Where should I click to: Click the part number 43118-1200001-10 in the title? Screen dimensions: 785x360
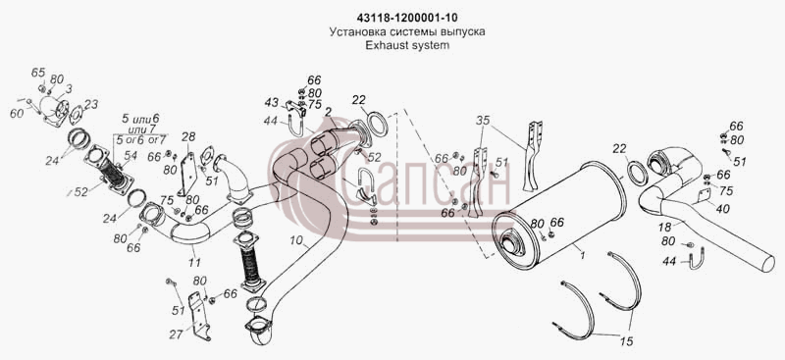406,18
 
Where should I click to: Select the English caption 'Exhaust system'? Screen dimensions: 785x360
406,44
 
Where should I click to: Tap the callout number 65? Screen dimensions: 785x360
38,73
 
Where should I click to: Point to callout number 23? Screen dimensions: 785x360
91,104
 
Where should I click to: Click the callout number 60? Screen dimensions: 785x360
17,113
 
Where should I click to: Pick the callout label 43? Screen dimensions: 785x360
272,103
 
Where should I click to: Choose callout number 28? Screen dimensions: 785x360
188,136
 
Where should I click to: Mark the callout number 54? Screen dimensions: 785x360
131,156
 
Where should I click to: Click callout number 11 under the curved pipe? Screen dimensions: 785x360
194,262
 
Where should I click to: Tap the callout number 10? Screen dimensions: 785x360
296,241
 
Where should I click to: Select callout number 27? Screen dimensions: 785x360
176,334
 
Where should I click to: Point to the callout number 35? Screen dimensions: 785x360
483,121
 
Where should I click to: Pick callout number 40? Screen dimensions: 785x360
722,208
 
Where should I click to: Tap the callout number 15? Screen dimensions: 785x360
626,341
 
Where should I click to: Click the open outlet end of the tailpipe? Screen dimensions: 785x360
768,263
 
